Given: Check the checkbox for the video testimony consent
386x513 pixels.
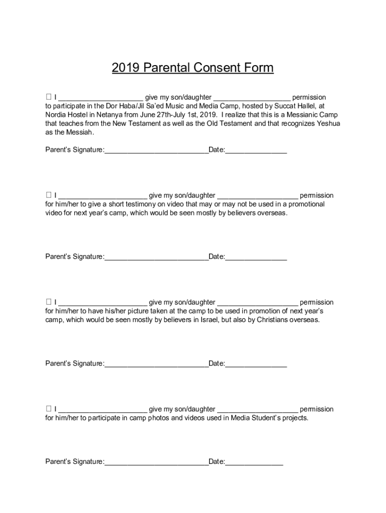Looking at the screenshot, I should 49,195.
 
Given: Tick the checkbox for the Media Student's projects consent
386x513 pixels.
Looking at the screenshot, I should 49,409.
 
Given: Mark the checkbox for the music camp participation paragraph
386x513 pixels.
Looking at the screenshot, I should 49,97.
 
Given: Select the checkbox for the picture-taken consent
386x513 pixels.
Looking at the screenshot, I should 49,302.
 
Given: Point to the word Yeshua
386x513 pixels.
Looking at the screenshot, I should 328,123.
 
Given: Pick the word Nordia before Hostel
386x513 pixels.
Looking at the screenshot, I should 56,114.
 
